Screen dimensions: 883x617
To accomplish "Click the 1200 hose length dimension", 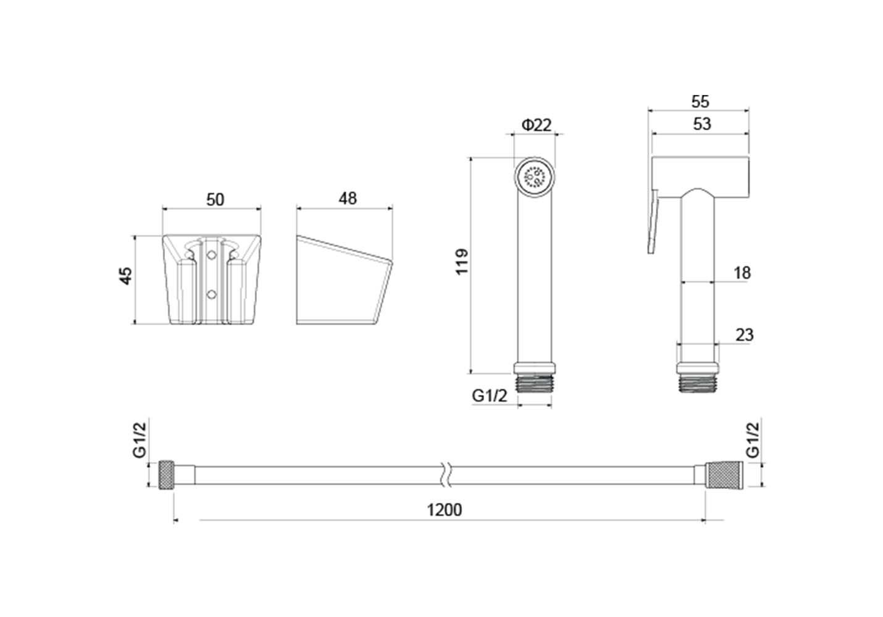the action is pyautogui.click(x=444, y=510).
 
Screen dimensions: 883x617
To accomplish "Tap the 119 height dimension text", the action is pyautogui.click(x=462, y=262).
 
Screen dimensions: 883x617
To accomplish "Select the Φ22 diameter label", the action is pyautogui.click(x=537, y=125).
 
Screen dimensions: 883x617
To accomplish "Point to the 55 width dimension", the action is pyautogui.click(x=700, y=102).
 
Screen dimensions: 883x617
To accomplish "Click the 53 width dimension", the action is pyautogui.click(x=701, y=124).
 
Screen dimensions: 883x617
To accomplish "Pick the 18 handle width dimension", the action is pyautogui.click(x=742, y=273).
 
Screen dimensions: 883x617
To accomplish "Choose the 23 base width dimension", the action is pyautogui.click(x=744, y=335).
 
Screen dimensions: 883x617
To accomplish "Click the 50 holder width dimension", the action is pyautogui.click(x=216, y=200).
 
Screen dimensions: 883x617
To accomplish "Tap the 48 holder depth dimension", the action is pyautogui.click(x=348, y=199).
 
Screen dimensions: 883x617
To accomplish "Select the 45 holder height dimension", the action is pyautogui.click(x=126, y=276).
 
